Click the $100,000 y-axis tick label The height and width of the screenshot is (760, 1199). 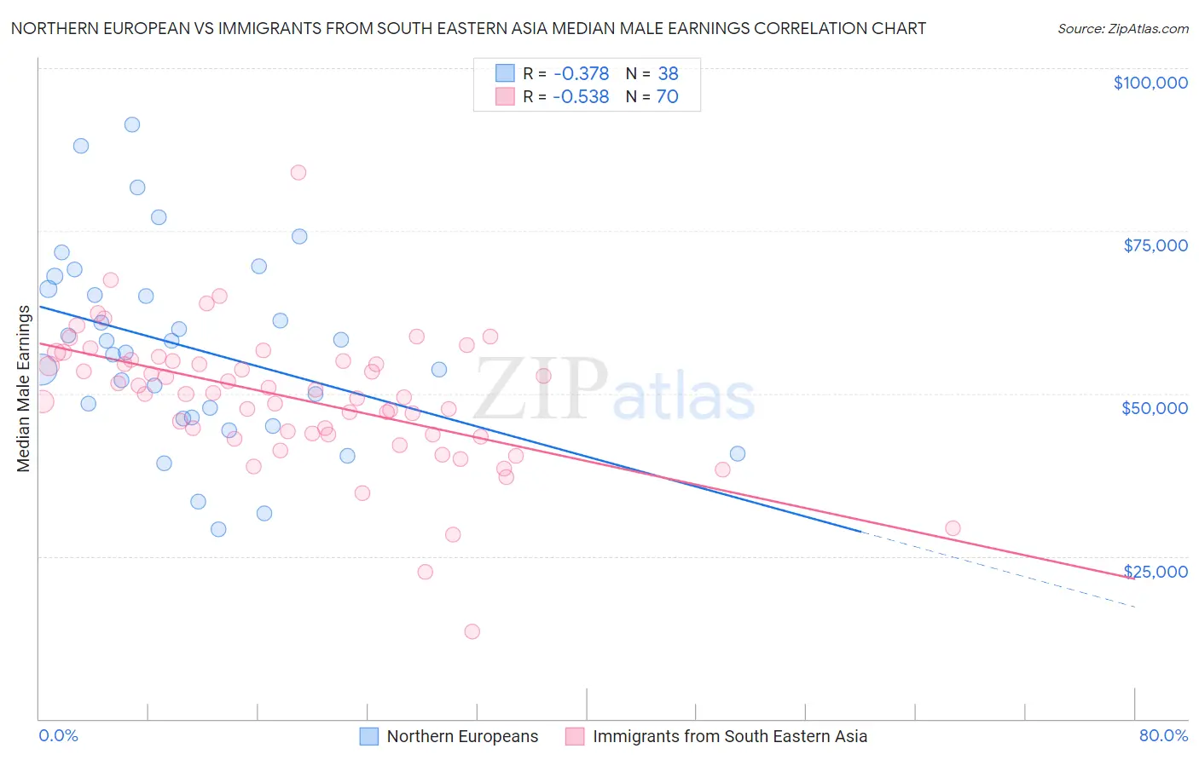(1150, 83)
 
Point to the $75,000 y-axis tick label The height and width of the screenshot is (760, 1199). (1155, 245)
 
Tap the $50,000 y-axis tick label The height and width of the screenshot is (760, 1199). (1154, 408)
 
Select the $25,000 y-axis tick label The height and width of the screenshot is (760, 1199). (1155, 572)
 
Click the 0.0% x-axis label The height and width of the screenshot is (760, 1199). (58, 735)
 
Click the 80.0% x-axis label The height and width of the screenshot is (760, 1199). (1163, 735)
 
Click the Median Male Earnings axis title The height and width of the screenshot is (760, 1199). (23, 389)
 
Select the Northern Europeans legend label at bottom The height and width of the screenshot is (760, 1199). (462, 736)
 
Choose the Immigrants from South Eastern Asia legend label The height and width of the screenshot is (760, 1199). (729, 736)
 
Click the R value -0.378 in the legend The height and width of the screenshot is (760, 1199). (581, 74)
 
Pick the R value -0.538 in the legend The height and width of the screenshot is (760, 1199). (581, 97)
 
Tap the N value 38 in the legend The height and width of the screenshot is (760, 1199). (668, 74)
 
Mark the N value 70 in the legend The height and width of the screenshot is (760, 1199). (667, 97)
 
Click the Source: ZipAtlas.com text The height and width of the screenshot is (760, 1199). (1122, 29)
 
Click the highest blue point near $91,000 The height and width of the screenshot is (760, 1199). (132, 124)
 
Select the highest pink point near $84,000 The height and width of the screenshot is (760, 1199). (298, 172)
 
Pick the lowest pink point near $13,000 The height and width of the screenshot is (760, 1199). (472, 631)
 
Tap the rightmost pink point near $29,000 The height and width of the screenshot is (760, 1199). (953, 528)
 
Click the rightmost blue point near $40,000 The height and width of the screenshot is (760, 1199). (738, 453)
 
